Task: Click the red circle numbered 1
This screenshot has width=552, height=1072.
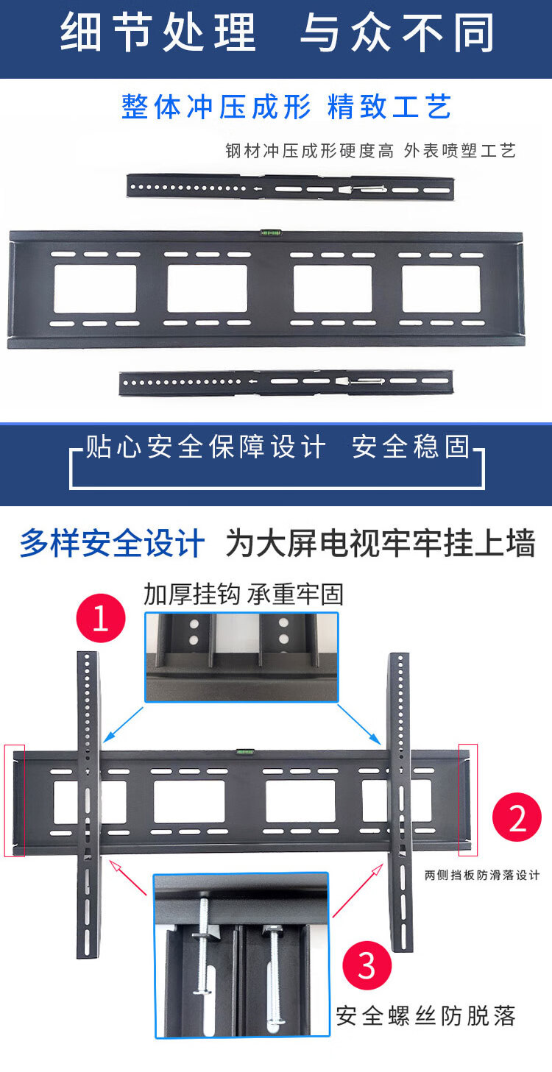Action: coord(101,619)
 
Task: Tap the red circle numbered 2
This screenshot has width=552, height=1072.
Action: coord(517,818)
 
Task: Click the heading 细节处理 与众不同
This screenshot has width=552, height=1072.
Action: coord(276,32)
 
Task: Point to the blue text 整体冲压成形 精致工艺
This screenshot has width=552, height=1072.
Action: coord(286,107)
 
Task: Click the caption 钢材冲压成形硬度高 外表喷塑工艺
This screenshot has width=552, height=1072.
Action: coord(370,151)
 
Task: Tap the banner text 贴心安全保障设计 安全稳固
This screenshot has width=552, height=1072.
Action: coord(277,447)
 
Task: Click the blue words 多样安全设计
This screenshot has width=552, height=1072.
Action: coord(112,544)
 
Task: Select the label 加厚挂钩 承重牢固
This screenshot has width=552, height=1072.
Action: coord(244,594)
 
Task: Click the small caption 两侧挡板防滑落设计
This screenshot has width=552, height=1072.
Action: coord(482,875)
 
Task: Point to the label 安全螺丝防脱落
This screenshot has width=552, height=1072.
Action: coord(426,1016)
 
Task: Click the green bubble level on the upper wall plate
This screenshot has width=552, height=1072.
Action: coord(270,232)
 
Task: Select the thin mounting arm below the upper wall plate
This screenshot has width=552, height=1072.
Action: coord(286,383)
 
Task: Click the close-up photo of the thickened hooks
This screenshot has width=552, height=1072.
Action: coord(241,656)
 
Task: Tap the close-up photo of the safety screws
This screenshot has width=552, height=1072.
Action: coord(241,955)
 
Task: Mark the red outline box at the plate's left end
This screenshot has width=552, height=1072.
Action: coord(15,800)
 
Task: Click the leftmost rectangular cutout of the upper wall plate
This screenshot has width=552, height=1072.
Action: coord(95,288)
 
